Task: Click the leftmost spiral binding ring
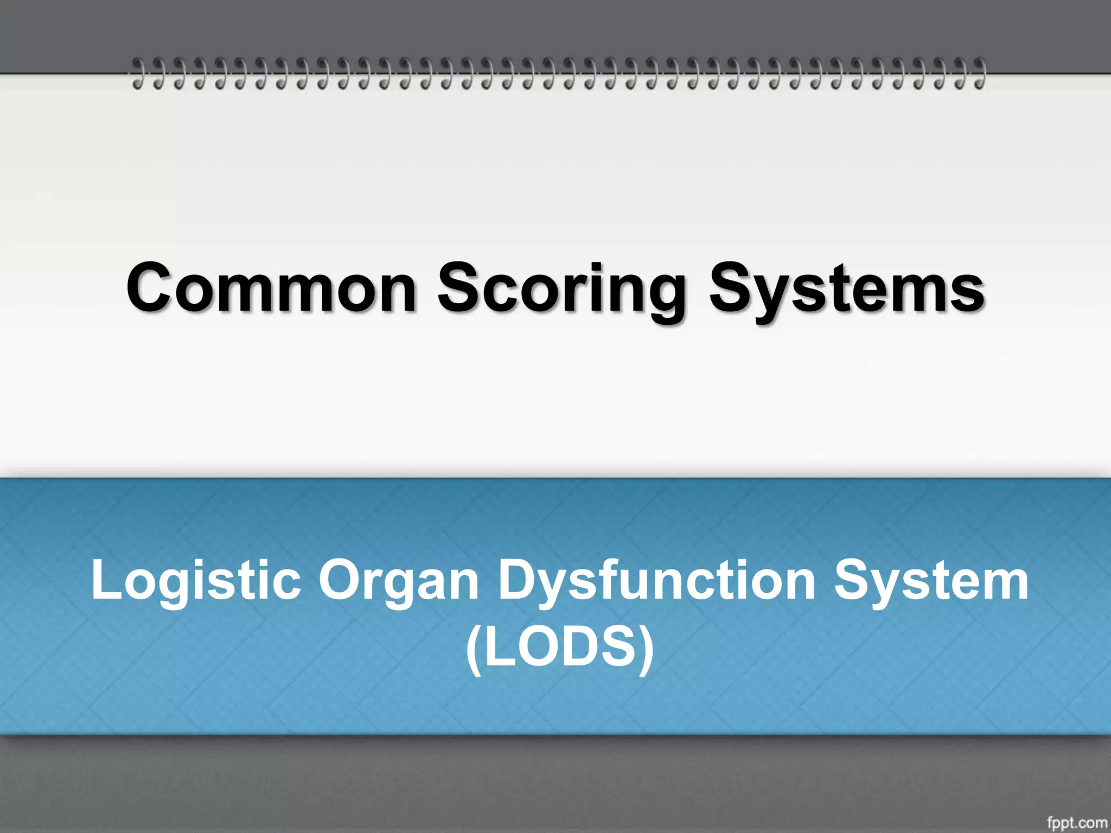138,73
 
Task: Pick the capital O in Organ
339,580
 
